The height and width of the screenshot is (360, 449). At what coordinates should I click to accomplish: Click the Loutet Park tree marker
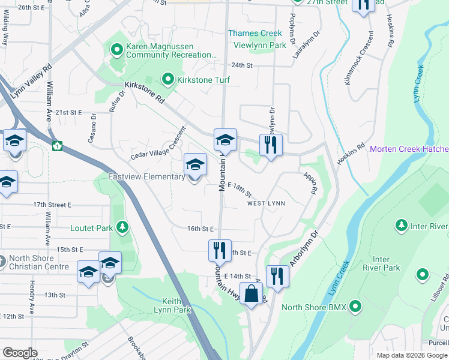[x=122, y=227]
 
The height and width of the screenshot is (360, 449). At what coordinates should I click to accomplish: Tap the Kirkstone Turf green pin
[x=168, y=79]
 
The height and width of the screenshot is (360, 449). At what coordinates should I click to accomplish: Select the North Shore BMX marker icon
[x=355, y=307]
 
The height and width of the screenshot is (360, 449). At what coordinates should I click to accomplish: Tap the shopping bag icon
[x=252, y=295]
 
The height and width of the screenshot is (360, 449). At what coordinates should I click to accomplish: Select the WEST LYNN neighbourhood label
[x=266, y=203]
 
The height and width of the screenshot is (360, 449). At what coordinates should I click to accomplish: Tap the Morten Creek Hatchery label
[x=409, y=149]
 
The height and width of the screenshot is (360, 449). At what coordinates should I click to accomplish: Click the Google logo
[x=20, y=353]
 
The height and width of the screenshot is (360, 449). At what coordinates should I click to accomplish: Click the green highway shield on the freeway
[x=58, y=145]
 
